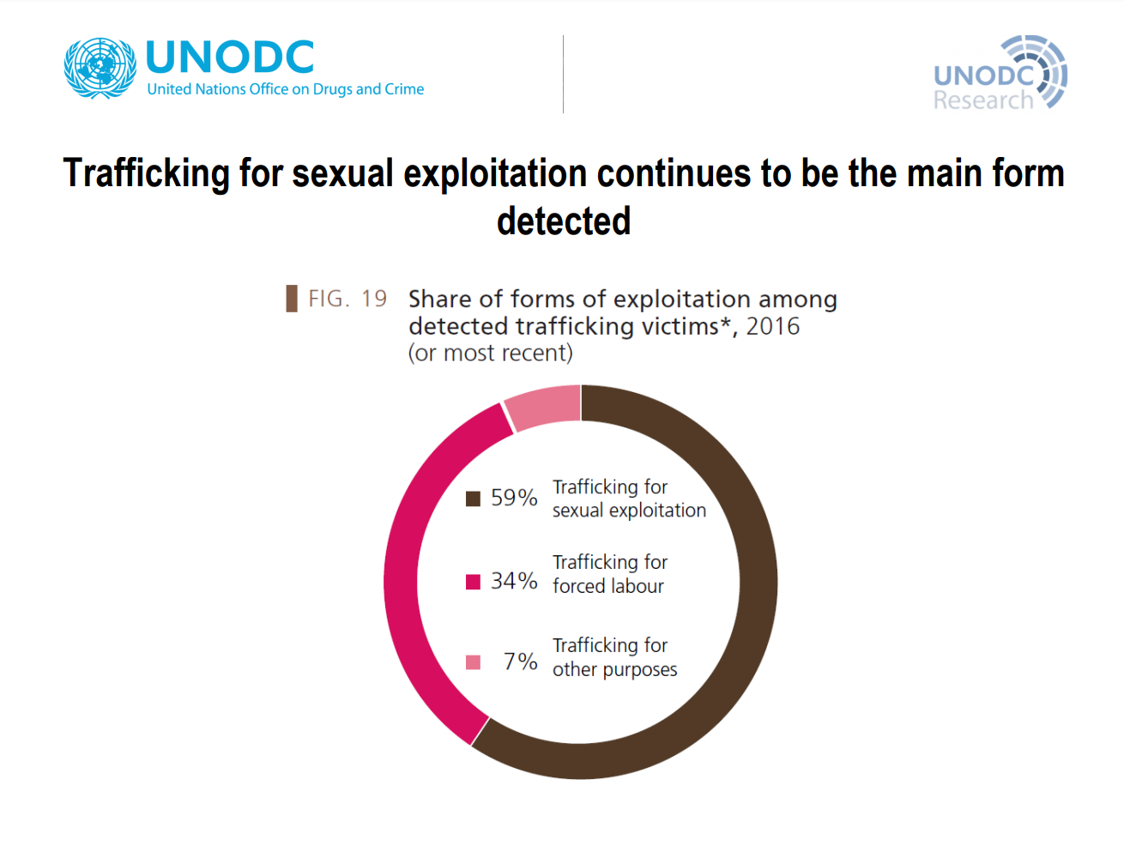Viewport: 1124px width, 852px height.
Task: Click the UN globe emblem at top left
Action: click(100, 68)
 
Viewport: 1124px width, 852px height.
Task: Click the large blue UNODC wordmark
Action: click(230, 57)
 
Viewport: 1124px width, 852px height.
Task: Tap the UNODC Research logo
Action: click(1000, 73)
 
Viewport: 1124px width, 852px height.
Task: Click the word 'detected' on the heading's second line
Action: click(564, 221)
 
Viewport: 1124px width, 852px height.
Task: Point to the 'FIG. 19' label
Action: click(347, 299)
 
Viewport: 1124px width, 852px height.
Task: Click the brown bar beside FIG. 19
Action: click(292, 299)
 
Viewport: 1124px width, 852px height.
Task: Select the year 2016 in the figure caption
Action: click(772, 326)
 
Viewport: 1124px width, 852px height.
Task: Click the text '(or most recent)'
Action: click(490, 353)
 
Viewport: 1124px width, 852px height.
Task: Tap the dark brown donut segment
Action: click(758, 583)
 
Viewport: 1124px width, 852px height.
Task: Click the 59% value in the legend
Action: click(514, 498)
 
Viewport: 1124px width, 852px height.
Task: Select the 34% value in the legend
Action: click(514, 581)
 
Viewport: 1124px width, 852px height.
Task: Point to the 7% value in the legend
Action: click(520, 662)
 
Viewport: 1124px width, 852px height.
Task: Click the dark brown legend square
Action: click(473, 499)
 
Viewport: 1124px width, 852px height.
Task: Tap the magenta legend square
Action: click(473, 583)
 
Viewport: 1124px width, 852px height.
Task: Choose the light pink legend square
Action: click(473, 662)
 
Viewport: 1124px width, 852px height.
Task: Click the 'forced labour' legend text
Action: click(608, 586)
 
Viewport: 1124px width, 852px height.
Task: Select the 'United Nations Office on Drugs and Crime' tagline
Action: click(285, 89)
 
